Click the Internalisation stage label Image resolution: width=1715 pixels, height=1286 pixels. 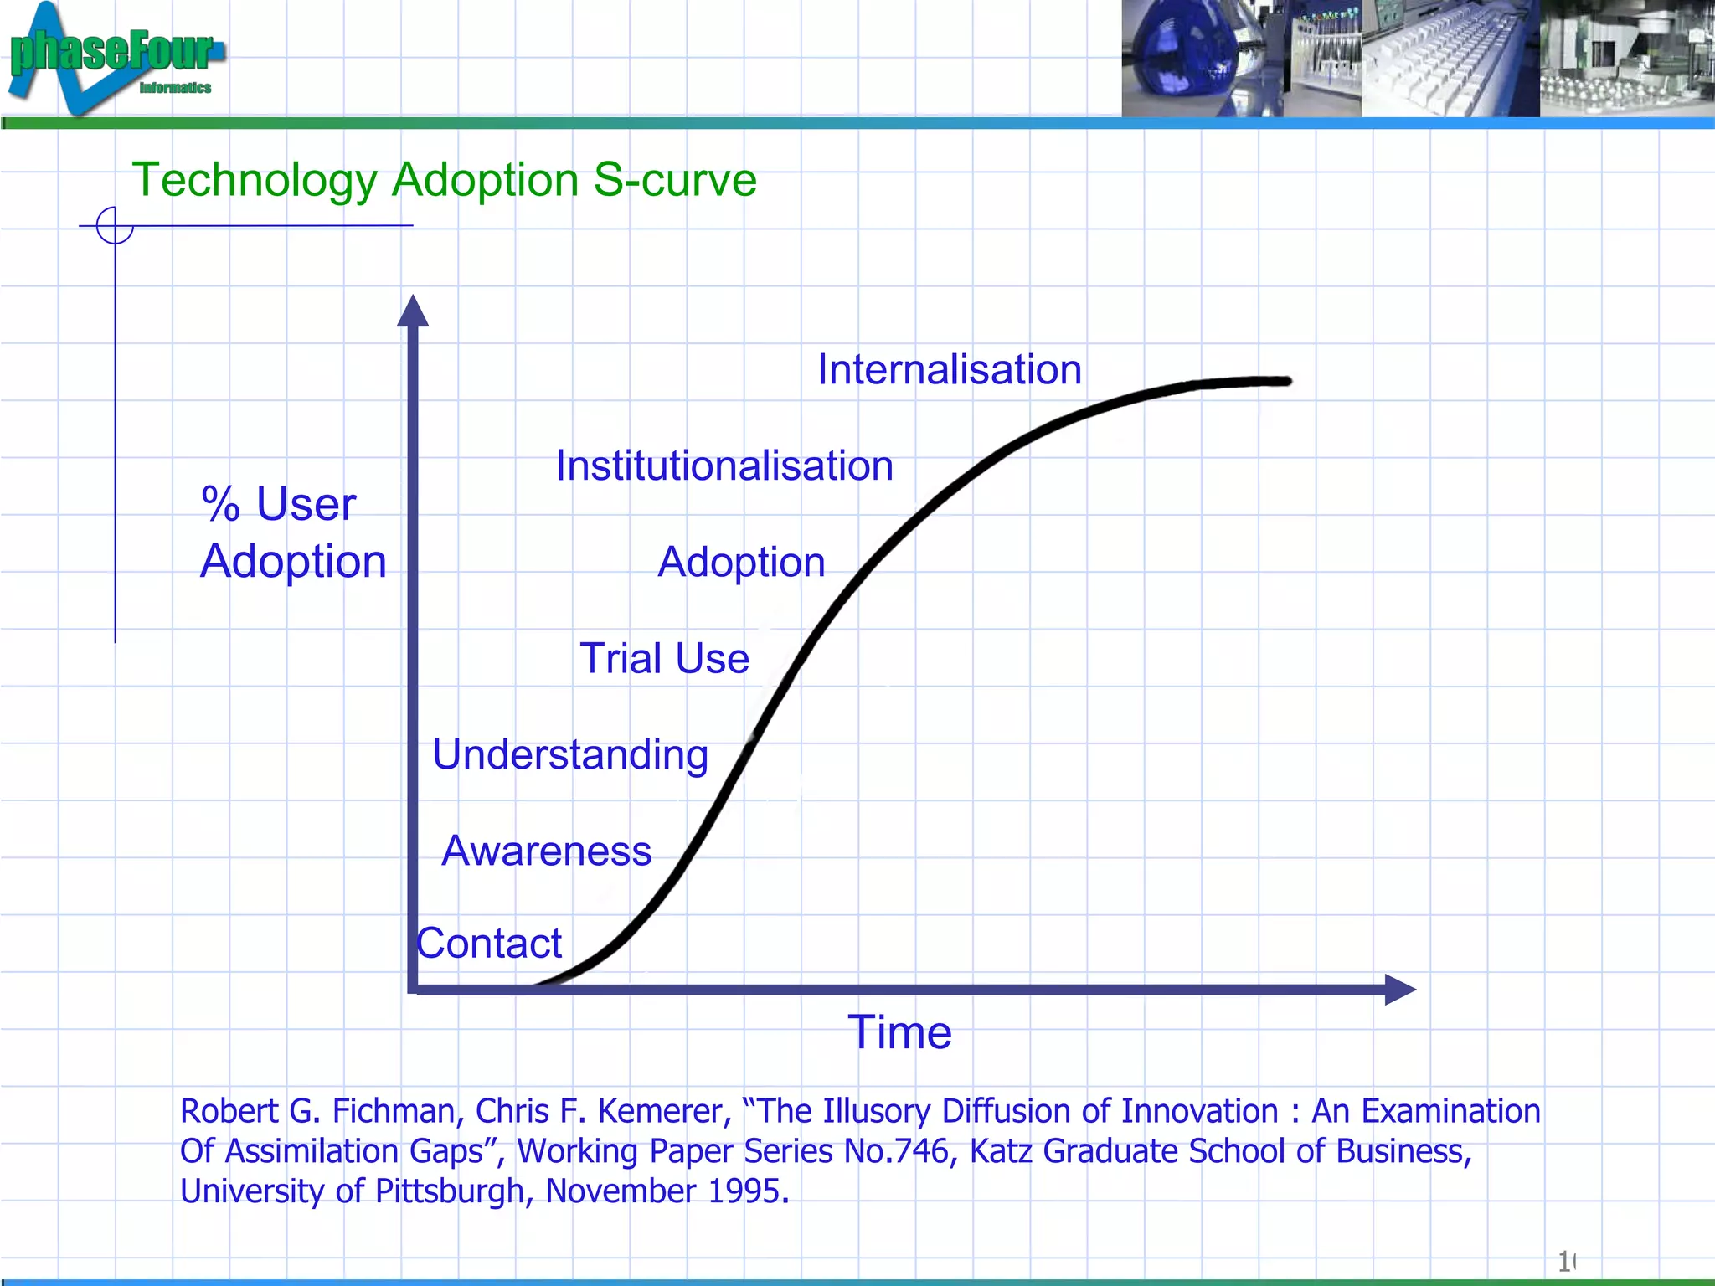949,370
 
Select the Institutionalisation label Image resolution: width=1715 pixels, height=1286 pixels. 724,466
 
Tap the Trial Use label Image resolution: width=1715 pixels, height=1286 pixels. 664,659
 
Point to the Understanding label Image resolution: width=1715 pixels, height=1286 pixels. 570,755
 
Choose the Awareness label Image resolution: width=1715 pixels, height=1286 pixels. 546,851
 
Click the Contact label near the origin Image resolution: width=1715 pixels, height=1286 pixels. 490,944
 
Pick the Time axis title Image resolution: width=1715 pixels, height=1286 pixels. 899,1032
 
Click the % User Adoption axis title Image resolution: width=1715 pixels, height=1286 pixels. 293,532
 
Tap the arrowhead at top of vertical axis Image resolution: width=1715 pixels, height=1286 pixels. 412,311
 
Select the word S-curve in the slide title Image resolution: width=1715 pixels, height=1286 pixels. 675,180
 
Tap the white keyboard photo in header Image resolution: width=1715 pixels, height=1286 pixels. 1449,59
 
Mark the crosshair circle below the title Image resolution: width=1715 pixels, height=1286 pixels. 115,225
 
